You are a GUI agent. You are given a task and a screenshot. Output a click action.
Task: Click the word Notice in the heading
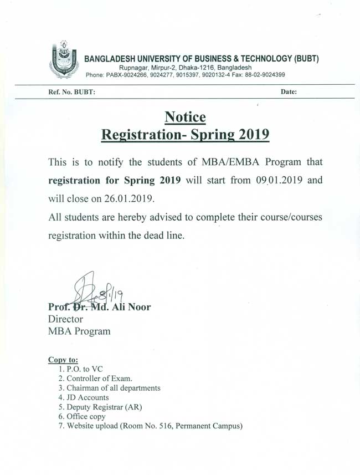[x=185, y=117]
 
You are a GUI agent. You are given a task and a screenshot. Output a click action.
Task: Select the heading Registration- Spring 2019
[x=186, y=135]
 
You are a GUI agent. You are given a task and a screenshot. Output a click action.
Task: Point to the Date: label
[x=289, y=93]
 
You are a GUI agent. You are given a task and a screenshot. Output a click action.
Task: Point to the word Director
[x=65, y=319]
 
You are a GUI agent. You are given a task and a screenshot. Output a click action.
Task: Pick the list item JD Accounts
[x=88, y=397]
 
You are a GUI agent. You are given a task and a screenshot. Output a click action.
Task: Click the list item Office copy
[x=86, y=416]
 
